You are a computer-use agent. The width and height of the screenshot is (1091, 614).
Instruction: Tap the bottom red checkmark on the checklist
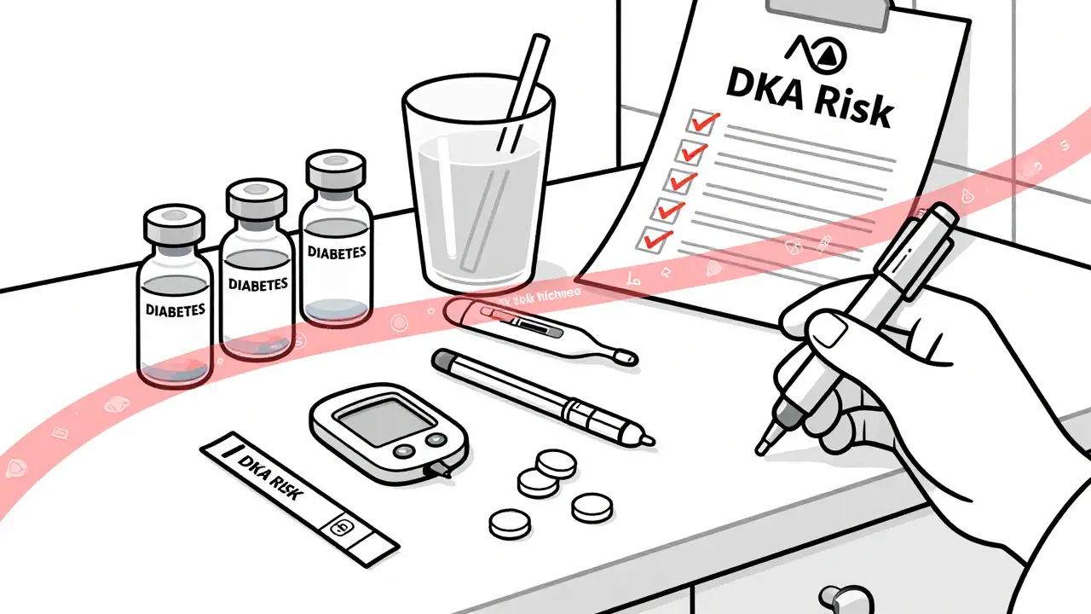655,239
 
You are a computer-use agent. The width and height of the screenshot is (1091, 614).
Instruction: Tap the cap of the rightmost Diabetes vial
335,170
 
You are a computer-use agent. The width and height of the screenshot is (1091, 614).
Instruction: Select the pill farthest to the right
592,507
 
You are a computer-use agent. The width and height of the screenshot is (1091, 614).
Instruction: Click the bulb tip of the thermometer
626,355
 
